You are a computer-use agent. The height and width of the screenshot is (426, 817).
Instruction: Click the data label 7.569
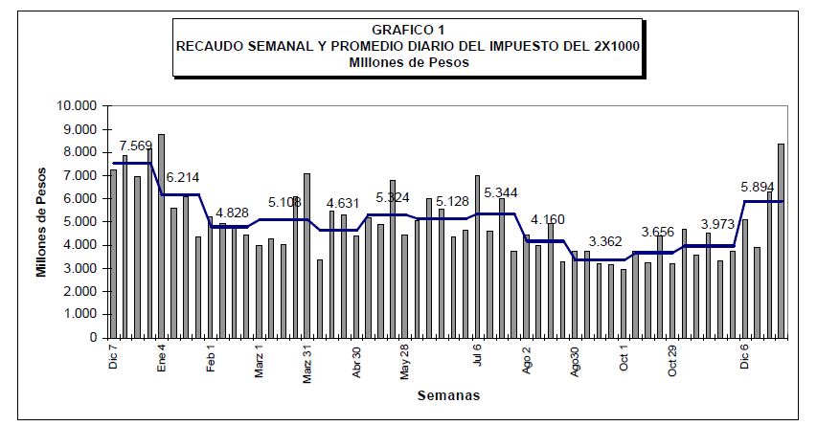tap(136, 146)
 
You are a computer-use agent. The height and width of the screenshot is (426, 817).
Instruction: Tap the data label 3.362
tap(605, 241)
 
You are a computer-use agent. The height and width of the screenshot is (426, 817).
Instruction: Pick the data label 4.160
tap(547, 219)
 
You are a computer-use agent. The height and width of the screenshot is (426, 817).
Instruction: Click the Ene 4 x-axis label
tap(162, 357)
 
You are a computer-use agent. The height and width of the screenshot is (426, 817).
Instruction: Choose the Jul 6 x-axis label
tap(478, 356)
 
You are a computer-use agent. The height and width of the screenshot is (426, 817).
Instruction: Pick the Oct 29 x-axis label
tap(672, 361)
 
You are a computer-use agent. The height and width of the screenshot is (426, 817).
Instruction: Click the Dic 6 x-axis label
tap(745, 357)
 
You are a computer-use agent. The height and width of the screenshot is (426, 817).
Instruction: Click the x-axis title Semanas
tap(448, 394)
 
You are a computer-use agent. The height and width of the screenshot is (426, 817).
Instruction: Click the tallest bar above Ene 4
tap(161, 235)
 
